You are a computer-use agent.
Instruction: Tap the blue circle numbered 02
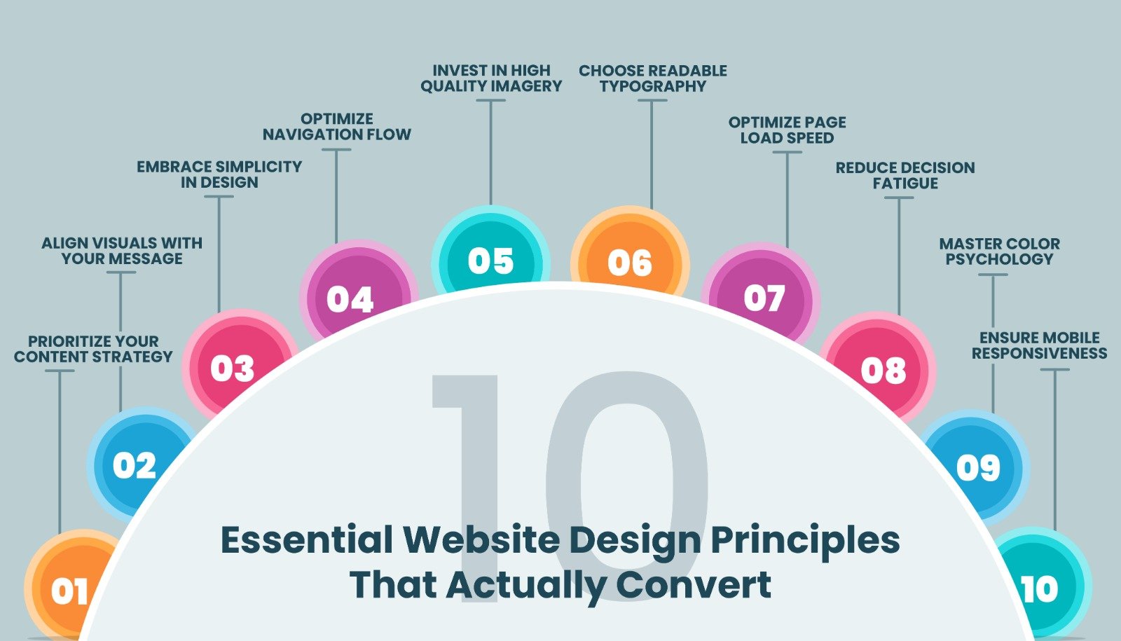click(x=135, y=465)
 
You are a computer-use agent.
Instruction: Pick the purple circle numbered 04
click(x=353, y=295)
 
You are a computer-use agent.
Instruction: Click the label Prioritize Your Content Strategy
click(x=93, y=349)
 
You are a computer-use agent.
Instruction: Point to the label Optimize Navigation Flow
click(x=337, y=127)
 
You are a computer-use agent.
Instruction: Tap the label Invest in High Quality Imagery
click(x=491, y=78)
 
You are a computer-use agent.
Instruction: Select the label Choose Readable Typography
click(x=652, y=78)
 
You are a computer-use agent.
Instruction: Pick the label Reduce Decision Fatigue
click(x=905, y=175)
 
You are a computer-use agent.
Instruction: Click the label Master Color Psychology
click(x=999, y=251)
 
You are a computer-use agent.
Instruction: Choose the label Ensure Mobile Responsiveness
click(x=1040, y=345)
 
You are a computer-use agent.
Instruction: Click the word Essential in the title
click(x=307, y=540)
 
